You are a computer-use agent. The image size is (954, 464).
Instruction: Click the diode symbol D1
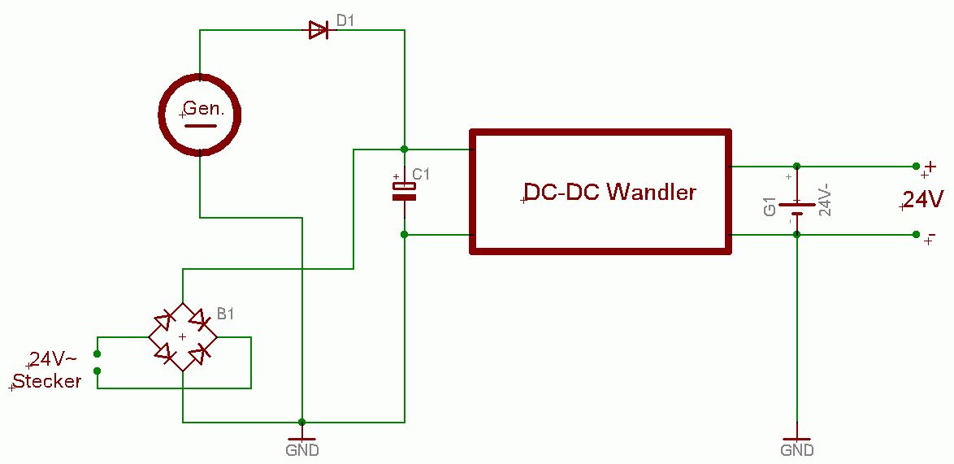[318, 31]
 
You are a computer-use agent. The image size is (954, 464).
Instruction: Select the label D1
[345, 20]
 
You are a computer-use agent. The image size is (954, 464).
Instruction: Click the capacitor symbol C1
[404, 191]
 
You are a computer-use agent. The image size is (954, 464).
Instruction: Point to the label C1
[422, 175]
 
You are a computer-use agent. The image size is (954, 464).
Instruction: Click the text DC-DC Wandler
[610, 193]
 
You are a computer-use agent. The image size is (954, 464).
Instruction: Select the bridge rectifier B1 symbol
[183, 336]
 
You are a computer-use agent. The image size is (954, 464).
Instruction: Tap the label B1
[224, 314]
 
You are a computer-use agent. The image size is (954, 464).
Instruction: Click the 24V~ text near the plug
[54, 360]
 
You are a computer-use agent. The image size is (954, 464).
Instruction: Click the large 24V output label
[923, 199]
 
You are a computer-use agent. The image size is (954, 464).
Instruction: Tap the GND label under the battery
[797, 449]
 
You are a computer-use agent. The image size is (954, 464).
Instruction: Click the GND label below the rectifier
[302, 449]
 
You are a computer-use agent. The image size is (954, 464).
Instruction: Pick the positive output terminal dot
[916, 166]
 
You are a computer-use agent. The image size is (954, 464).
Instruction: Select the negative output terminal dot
[916, 235]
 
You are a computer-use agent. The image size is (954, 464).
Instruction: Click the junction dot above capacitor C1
[404, 150]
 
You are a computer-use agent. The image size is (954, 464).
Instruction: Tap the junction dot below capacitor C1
[404, 235]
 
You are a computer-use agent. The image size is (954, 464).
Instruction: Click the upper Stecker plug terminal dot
[98, 353]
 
